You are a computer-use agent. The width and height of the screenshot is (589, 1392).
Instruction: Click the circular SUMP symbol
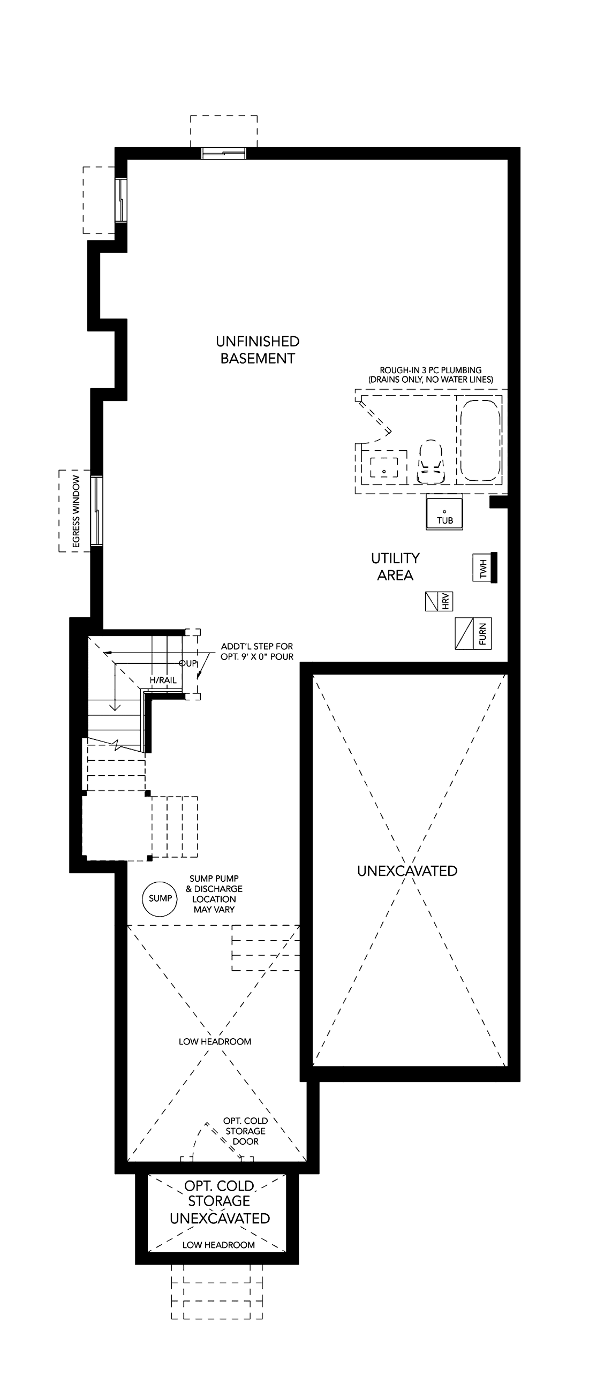pos(161,898)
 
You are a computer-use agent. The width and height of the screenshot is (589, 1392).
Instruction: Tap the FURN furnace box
pos(473,633)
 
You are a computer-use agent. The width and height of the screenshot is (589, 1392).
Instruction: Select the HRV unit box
pos(439,601)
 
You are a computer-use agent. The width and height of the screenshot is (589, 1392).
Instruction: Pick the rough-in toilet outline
pos(430,461)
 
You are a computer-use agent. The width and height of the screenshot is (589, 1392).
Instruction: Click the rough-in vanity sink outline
pos(384,467)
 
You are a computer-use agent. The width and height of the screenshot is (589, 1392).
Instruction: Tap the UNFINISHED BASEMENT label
pos(258,350)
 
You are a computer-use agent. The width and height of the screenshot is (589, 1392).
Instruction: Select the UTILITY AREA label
pos(395,566)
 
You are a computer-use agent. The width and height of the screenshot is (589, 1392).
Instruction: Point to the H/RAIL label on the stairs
pos(163,680)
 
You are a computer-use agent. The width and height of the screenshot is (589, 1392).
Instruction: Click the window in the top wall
pos(224,154)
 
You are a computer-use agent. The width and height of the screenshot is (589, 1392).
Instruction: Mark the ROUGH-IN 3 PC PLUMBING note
pos(431,374)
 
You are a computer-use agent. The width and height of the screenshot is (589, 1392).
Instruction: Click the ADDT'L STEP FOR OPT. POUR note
pos(257,651)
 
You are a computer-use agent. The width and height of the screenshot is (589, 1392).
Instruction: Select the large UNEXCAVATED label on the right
pos(407,871)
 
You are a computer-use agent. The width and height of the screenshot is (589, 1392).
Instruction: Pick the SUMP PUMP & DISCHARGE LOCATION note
pos(214,894)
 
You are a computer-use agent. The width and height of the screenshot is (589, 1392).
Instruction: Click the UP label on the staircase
pos(190,663)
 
